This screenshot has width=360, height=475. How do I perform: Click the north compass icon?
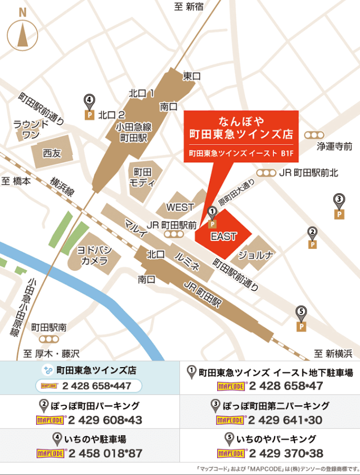click(x=22, y=31)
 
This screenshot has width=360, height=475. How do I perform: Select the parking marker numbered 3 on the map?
click(x=340, y=206)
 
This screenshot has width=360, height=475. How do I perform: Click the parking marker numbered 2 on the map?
click(x=312, y=237)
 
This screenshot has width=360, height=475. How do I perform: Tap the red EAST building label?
click(x=223, y=237)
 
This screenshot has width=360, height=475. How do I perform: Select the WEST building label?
click(x=180, y=207)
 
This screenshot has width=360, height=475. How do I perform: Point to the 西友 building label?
click(x=52, y=153)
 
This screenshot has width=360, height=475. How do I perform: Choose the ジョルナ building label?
click(x=256, y=256)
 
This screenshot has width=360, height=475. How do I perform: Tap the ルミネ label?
click(x=187, y=260)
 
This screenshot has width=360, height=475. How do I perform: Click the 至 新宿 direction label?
click(x=189, y=6)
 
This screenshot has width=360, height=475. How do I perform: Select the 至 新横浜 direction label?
click(x=333, y=354)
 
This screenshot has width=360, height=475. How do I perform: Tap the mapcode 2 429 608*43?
click(x=105, y=420)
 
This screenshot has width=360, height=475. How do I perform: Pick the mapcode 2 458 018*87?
click(x=105, y=454)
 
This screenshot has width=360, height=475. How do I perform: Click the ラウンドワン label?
click(x=31, y=129)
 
